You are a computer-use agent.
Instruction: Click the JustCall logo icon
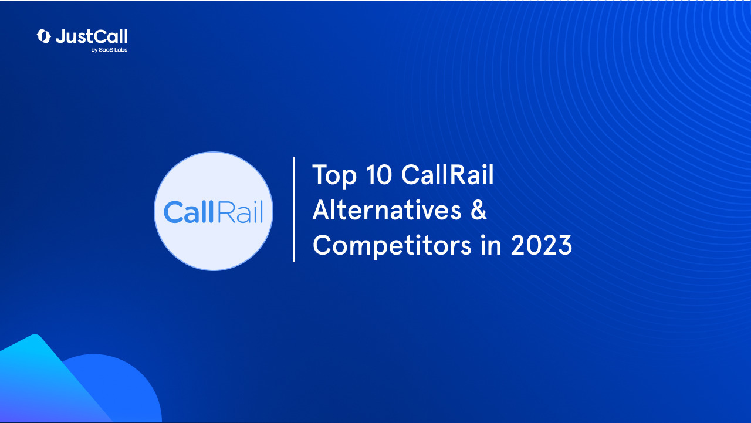click(44, 36)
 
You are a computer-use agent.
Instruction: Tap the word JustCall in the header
click(92, 36)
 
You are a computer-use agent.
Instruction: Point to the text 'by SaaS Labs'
click(109, 50)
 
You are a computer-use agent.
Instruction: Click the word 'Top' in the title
click(334, 175)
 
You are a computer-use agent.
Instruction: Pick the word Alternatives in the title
click(387, 210)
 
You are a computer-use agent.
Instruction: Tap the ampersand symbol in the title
click(479, 210)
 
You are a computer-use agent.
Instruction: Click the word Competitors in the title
click(391, 245)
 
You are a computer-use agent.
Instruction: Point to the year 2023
click(541, 245)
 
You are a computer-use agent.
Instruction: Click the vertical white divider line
click(294, 209)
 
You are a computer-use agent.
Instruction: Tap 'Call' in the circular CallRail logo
click(187, 212)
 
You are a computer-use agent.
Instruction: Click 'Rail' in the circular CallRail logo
click(238, 212)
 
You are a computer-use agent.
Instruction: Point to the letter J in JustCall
click(60, 37)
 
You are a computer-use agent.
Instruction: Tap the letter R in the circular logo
click(221, 212)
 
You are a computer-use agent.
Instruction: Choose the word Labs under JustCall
click(120, 50)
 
